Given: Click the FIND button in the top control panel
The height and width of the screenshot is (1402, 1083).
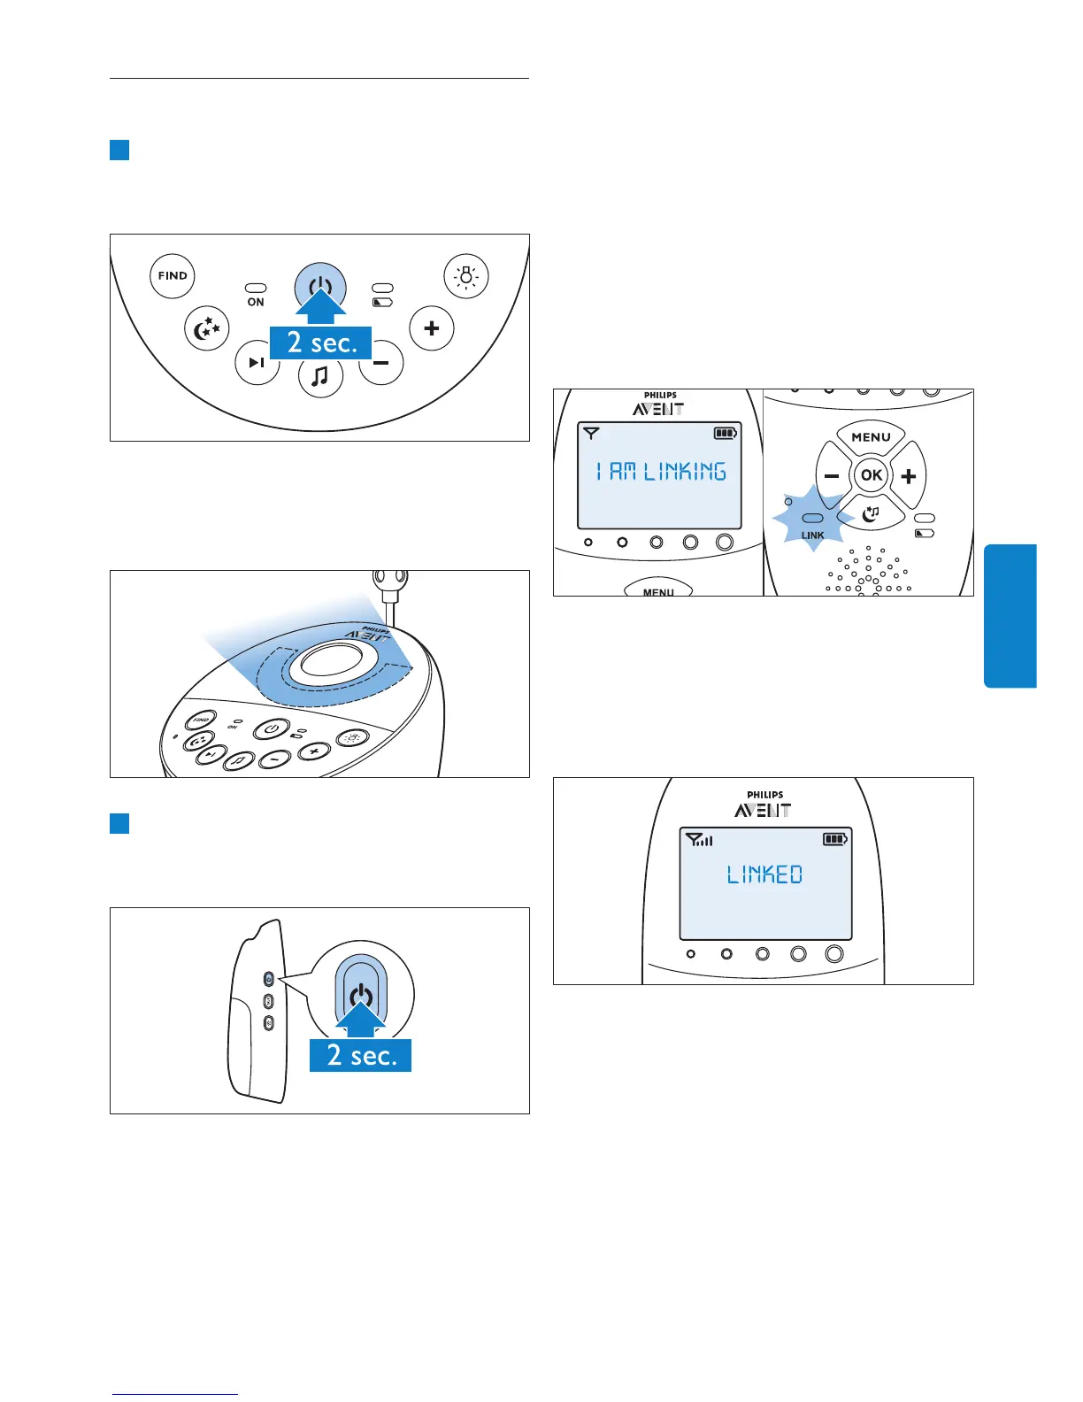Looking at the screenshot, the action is (x=173, y=276).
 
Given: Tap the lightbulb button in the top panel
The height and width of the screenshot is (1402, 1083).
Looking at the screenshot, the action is (x=465, y=276).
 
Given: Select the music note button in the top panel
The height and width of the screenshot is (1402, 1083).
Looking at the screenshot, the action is (x=320, y=376).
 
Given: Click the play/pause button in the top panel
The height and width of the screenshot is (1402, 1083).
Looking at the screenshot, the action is (x=257, y=362).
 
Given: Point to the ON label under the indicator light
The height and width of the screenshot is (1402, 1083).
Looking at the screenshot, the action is (x=256, y=303).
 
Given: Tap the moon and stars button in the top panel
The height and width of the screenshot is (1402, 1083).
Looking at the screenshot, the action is (x=207, y=329).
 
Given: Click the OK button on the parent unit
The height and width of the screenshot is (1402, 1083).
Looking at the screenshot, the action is (x=871, y=475).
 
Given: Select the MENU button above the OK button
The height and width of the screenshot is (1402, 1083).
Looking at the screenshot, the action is (x=871, y=437).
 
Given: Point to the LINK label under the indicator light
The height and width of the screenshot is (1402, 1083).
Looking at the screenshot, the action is (x=812, y=535).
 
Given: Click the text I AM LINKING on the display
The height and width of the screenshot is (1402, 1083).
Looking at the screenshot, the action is (x=661, y=472).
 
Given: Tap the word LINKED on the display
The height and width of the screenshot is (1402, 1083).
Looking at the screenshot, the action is (x=764, y=875).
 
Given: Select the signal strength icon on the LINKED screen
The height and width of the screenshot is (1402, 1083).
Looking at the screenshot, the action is (x=699, y=839).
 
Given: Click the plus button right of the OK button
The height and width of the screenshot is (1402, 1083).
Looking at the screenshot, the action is (x=909, y=476).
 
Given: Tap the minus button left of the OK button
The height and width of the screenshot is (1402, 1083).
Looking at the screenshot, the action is (x=832, y=476).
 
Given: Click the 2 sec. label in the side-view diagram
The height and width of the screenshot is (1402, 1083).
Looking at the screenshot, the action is (x=361, y=1055).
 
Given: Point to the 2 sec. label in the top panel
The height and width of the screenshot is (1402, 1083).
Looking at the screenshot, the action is (x=321, y=343).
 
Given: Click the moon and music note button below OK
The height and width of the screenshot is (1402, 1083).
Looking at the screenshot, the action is (x=872, y=512).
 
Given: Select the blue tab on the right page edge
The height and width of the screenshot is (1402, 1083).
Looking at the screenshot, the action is (x=1010, y=616).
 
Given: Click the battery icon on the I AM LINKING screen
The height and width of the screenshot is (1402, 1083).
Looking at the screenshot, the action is (x=726, y=434).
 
